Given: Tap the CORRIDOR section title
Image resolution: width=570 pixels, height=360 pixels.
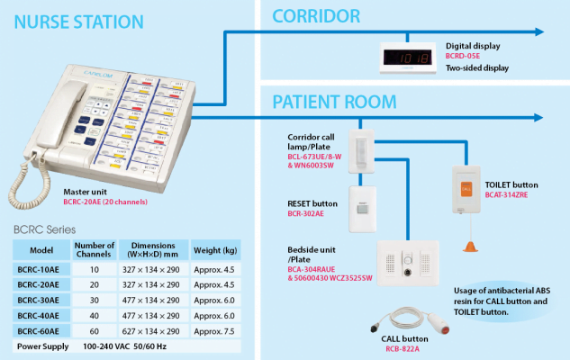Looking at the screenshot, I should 316,15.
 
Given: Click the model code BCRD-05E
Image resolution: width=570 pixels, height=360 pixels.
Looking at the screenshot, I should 467,56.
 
